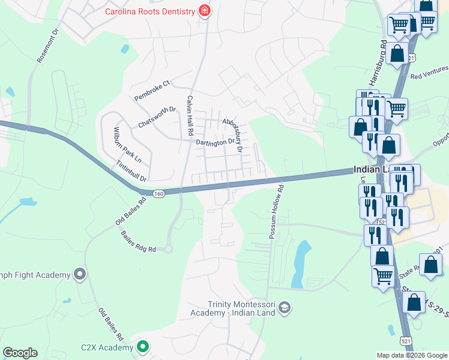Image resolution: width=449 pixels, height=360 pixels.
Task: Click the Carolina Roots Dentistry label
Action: [x=150, y=11]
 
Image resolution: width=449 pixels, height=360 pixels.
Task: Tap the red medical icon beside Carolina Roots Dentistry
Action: [x=205, y=11]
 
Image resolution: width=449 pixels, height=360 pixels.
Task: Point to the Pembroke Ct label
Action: [x=152, y=89]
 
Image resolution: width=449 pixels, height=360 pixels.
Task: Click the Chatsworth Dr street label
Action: [x=157, y=116]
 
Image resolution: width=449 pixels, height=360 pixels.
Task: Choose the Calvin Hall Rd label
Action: [x=190, y=115]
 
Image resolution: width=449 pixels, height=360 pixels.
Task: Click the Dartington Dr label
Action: [x=215, y=142]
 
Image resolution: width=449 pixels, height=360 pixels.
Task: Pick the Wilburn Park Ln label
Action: [x=127, y=144]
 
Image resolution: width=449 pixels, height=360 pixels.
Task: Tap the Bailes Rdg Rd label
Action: [x=138, y=241]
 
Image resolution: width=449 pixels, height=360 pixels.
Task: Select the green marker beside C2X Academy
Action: [x=143, y=346]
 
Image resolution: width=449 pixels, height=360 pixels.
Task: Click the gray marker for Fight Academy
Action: [x=80, y=275]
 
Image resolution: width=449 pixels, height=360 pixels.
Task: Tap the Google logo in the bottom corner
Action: [x=20, y=353]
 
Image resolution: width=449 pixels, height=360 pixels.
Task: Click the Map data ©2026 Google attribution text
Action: [x=411, y=355]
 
